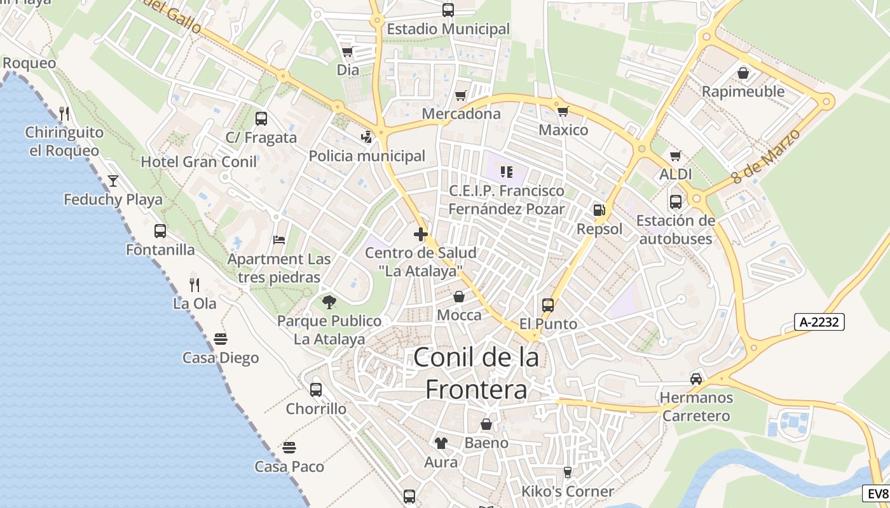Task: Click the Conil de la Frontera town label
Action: point(476,373)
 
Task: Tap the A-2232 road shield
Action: point(819,322)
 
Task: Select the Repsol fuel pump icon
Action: point(599,210)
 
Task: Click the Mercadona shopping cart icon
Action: point(461,96)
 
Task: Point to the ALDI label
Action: point(676,174)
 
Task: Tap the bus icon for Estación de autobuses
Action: point(676,202)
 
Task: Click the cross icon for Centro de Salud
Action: point(420,234)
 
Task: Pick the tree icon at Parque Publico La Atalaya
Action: point(329,302)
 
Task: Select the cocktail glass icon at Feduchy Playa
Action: point(113,181)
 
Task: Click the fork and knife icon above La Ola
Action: point(195,285)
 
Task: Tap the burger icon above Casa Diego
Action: point(221,339)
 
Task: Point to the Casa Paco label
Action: point(289,467)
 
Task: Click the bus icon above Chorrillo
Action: point(316,390)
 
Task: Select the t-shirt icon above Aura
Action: point(441,443)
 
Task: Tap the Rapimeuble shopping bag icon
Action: point(743,73)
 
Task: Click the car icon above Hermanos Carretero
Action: point(696,379)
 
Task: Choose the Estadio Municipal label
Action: point(448,29)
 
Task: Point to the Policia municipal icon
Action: point(367,137)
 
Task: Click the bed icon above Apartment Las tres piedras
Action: point(279,240)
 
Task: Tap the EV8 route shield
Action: point(877,493)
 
